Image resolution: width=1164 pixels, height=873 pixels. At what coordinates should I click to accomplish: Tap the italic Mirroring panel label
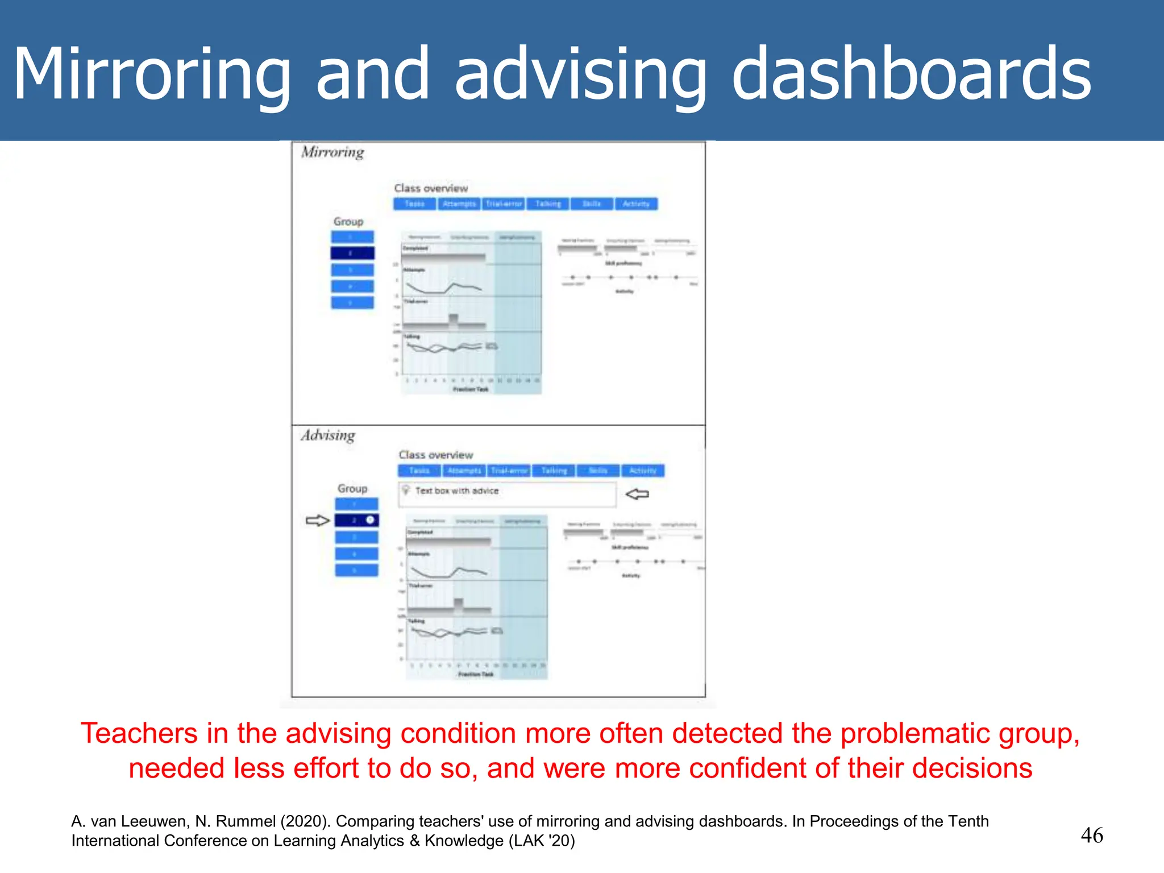tap(332, 152)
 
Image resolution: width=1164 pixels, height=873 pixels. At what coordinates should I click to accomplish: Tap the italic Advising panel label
tap(328, 435)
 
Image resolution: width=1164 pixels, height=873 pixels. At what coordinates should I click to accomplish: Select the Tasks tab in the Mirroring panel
tap(414, 204)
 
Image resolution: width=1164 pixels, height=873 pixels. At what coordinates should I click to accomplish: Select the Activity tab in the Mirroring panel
tap(636, 204)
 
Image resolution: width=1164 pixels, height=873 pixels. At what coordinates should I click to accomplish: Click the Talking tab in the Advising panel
tap(554, 471)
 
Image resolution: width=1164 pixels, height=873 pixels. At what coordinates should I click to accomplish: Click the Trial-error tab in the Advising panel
tap(509, 471)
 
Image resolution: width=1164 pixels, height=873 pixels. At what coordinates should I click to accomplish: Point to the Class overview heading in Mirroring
tap(431, 188)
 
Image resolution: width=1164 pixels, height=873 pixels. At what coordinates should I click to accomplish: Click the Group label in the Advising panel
tap(352, 489)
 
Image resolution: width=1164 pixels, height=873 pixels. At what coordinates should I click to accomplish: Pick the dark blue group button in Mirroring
tap(352, 253)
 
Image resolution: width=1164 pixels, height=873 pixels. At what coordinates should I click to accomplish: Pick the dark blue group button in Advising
tap(356, 520)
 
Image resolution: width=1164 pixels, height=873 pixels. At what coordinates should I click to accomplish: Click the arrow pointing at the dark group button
tap(317, 520)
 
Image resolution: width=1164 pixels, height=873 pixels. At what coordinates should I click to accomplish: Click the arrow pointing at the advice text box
tap(637, 494)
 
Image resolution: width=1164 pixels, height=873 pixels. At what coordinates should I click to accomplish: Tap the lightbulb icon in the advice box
tap(406, 490)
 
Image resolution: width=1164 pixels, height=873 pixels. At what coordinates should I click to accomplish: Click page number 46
tap(1091, 835)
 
